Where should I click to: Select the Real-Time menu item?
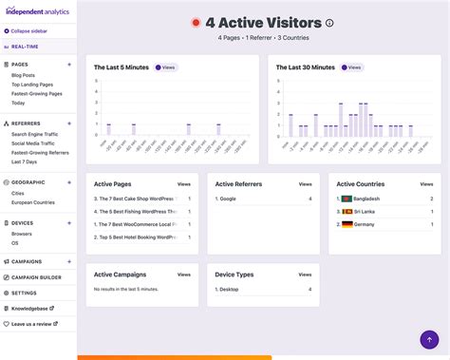(25, 45)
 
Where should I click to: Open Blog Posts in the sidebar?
(24, 75)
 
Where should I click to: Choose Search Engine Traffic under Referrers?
(38, 134)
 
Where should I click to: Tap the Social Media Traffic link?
(34, 143)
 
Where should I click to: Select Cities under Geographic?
(18, 193)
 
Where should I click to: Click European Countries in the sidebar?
(33, 202)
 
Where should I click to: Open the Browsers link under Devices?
(22, 233)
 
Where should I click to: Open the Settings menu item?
(24, 293)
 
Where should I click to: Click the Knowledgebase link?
(29, 309)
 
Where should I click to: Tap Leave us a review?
(32, 324)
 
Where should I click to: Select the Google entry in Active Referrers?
(228, 199)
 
